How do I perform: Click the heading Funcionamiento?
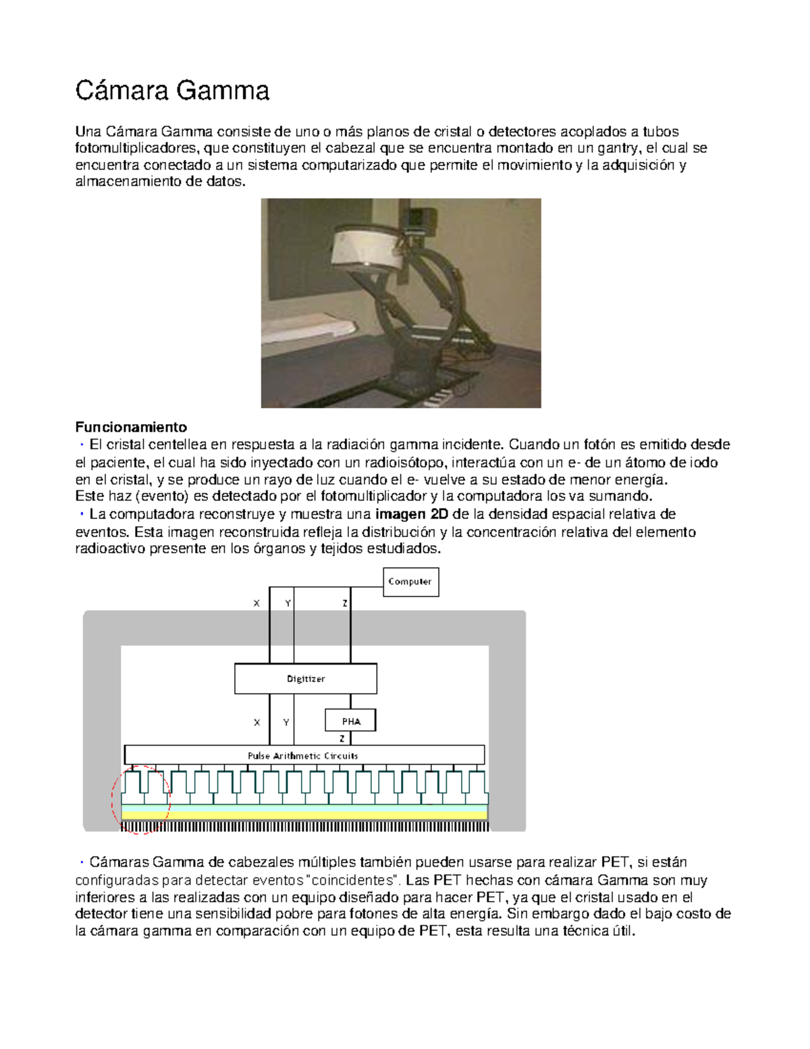click(x=131, y=427)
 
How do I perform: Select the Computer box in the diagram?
click(x=410, y=582)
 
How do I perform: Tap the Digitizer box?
click(x=305, y=678)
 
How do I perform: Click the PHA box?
click(x=350, y=721)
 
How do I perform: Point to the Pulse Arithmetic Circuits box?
click(x=304, y=755)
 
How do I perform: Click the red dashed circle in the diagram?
click(x=140, y=800)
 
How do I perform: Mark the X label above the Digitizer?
click(x=256, y=603)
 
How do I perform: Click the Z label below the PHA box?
click(x=342, y=738)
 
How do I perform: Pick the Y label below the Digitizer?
click(x=286, y=722)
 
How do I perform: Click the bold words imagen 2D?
click(x=411, y=514)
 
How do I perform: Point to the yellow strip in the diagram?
click(x=304, y=815)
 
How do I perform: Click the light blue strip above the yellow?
click(x=304, y=808)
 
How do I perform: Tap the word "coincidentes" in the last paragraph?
click(x=353, y=880)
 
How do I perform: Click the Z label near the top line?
click(x=345, y=603)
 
